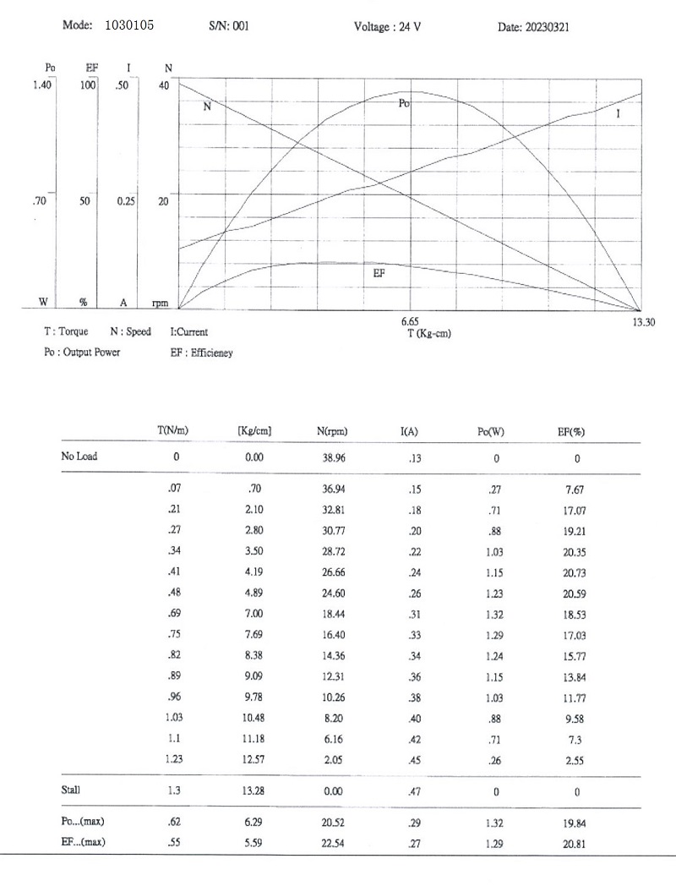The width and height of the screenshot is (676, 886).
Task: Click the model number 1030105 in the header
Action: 129,26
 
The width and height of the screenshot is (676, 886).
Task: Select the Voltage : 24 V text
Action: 388,27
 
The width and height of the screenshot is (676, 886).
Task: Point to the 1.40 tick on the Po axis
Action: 43,85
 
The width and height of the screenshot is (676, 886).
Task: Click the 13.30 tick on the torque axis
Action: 643,321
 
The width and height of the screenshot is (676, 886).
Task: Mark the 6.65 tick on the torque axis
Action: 410,321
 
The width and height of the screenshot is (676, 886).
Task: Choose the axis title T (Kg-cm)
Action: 428,333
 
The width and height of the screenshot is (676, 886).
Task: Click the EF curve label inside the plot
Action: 380,274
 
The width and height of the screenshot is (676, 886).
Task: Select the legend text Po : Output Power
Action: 82,352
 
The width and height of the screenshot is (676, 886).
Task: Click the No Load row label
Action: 79,457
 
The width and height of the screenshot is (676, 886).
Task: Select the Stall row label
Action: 71,790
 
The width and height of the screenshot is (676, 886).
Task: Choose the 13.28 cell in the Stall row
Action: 254,791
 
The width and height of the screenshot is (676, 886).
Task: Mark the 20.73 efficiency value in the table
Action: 576,574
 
